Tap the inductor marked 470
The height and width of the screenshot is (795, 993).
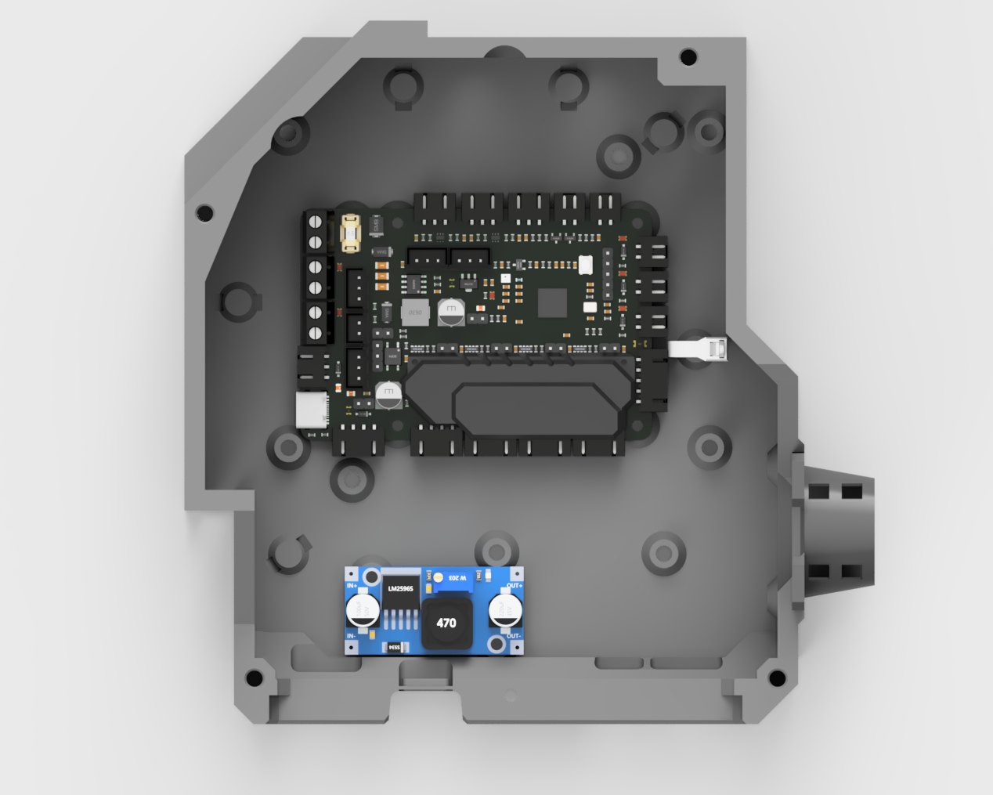click(446, 623)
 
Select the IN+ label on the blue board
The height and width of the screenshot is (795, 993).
click(352, 586)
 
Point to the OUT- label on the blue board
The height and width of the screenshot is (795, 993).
click(514, 636)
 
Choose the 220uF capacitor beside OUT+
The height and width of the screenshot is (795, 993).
click(505, 611)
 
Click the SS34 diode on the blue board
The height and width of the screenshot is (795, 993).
click(395, 647)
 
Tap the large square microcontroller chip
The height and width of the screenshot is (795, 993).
click(552, 302)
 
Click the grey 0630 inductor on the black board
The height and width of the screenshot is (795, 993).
click(415, 312)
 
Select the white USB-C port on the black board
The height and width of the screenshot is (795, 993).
click(311, 410)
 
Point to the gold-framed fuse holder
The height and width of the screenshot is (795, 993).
click(350, 233)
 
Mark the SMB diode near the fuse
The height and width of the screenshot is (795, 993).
click(376, 227)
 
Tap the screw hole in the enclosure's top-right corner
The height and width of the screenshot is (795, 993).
click(688, 56)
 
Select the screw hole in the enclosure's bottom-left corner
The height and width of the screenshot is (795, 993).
click(254, 678)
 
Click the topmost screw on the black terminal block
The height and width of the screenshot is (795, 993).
click(316, 222)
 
